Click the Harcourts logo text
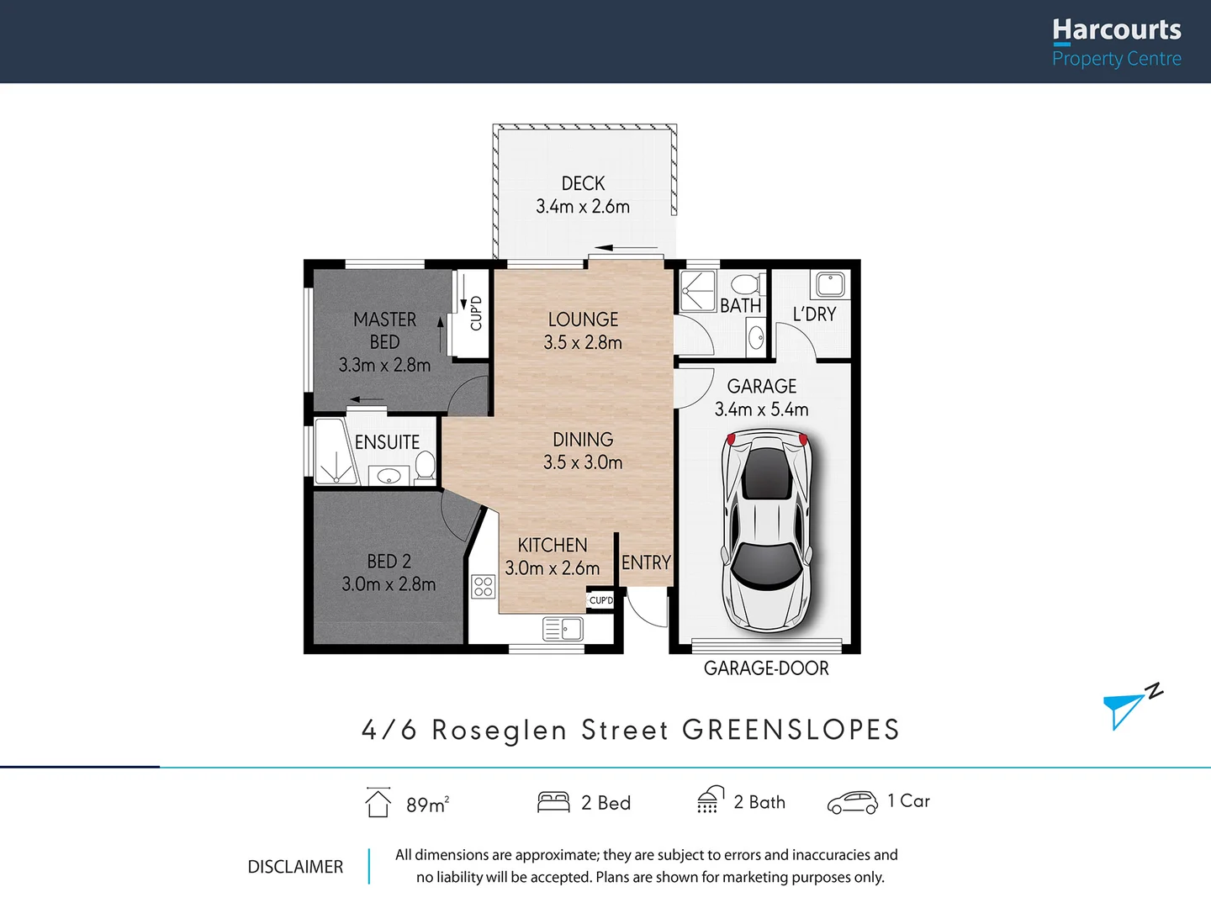1116,30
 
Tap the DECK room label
583,183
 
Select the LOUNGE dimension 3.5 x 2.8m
583,343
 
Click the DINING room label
583,439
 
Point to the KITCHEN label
553,545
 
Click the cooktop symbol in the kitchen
484,586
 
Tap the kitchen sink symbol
563,629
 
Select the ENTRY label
646,562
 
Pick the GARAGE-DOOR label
766,668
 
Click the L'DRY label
814,314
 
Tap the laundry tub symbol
830,284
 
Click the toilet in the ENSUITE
425,467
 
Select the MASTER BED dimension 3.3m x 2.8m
384,365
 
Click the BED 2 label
389,561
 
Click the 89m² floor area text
427,805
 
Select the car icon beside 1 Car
852,803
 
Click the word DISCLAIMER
295,867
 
